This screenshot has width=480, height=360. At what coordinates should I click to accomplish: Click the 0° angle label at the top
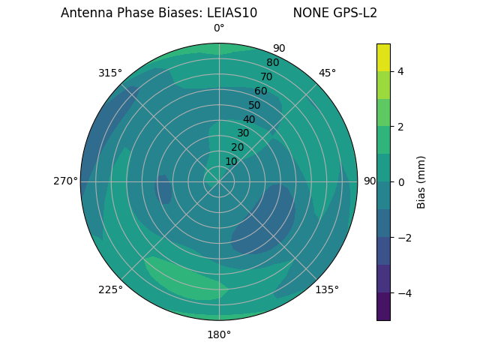click(219, 28)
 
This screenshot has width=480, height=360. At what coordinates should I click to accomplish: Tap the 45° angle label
click(327, 73)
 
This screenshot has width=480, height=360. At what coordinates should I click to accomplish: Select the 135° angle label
click(327, 289)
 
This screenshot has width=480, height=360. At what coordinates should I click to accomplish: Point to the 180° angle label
click(219, 334)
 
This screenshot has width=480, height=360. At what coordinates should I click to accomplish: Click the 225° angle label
click(110, 289)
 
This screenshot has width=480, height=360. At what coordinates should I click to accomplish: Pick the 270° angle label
click(66, 181)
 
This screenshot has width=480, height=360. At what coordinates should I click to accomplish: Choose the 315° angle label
click(110, 73)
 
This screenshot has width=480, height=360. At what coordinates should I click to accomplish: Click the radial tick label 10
click(231, 161)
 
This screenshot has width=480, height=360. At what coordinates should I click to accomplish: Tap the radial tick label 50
click(254, 105)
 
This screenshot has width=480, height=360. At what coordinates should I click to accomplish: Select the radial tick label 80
click(272, 63)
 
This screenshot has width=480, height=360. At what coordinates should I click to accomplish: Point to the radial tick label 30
click(243, 133)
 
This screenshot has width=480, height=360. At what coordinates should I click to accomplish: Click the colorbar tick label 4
click(400, 71)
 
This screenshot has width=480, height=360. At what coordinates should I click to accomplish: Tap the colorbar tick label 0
click(400, 182)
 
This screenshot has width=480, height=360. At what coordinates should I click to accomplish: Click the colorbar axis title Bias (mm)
click(421, 181)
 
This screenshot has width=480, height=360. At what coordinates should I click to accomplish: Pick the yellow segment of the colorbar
click(383, 57)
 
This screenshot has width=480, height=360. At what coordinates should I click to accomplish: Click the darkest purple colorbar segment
click(383, 306)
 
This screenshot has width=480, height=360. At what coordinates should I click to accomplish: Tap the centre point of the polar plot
click(219, 181)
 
